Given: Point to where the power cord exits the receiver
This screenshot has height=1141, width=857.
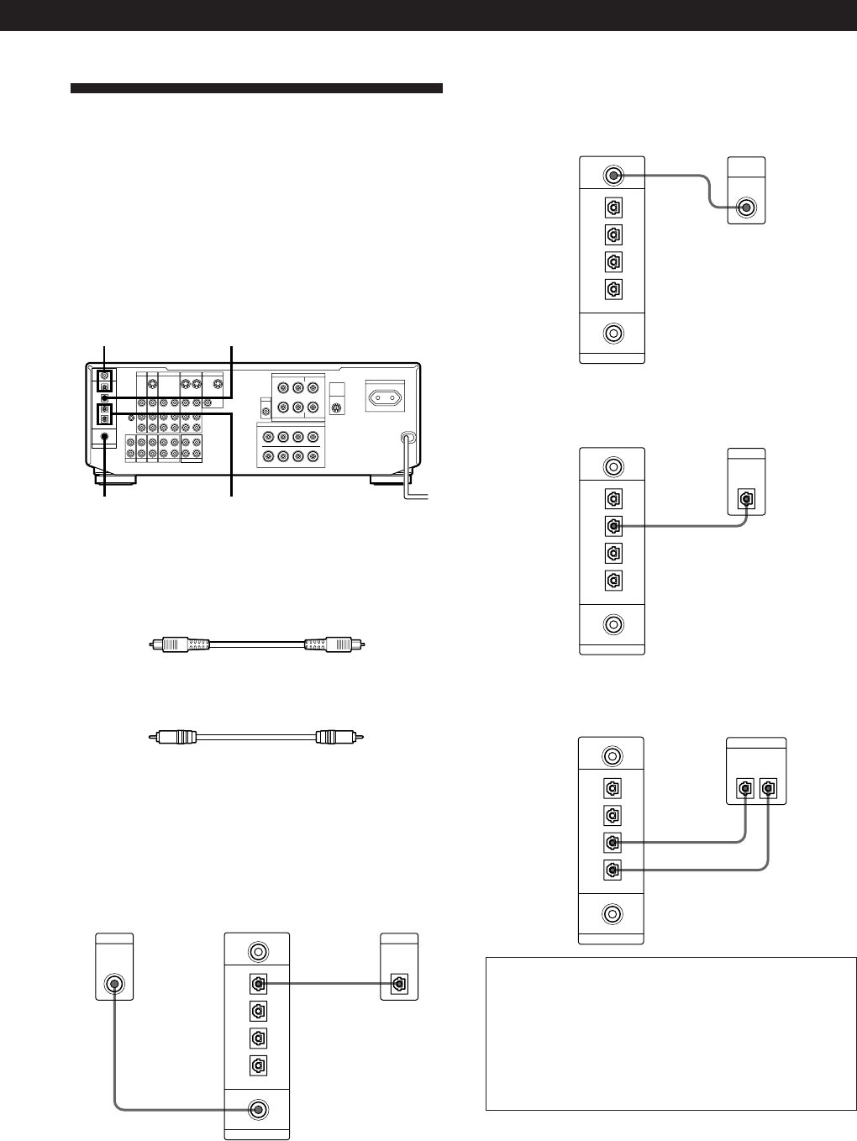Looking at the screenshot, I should [407, 438].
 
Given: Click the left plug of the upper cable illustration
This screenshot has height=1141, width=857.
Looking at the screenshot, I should [162, 645].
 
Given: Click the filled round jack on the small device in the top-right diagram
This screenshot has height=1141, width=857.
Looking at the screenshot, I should [744, 208].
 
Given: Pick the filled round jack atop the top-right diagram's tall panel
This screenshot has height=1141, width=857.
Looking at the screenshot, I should [614, 176].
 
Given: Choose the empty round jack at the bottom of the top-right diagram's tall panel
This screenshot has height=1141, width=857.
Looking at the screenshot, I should [614, 333].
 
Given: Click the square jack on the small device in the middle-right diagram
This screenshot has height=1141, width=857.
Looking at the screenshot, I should [745, 497].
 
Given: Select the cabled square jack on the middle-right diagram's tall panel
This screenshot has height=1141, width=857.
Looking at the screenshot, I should [613, 526].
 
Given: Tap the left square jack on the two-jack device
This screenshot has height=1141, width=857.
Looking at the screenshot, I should [744, 790].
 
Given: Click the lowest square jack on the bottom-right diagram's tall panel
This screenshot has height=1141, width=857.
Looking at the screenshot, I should [613, 870].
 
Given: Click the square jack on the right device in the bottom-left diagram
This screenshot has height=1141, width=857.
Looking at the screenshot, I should [399, 983].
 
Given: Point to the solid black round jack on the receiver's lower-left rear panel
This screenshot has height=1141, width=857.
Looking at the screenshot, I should [103, 436].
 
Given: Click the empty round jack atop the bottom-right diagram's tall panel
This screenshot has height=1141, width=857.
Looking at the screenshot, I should [614, 756].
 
